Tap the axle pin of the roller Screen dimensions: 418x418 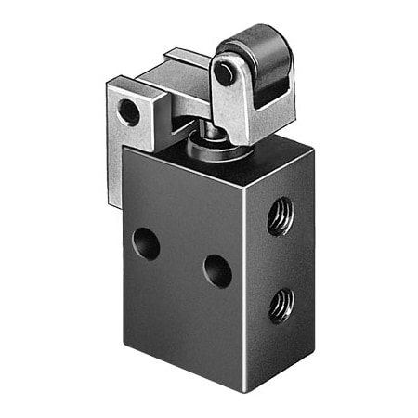coord(224,72)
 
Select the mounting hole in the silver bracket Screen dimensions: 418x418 coord(129,113)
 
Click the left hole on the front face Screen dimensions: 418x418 coord(146,243)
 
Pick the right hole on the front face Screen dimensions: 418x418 coord(217,271)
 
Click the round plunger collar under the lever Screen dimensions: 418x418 coord(202,148)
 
